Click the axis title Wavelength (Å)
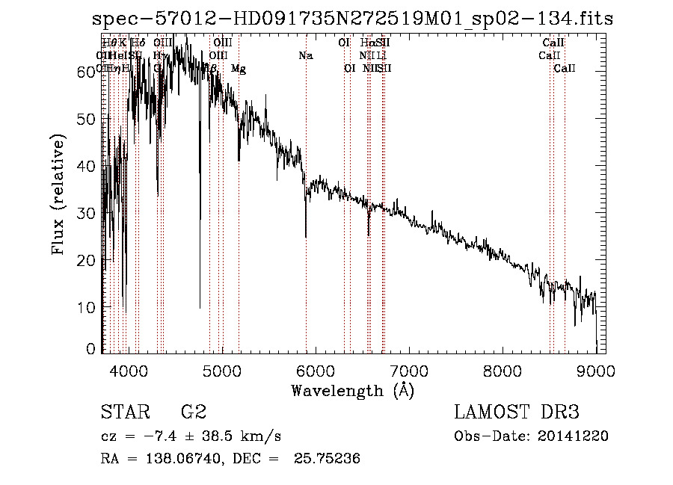pyautogui.click(x=352, y=390)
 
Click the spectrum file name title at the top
pyautogui.click(x=352, y=19)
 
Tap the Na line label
pyautogui.click(x=305, y=56)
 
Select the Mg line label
pyautogui.click(x=239, y=69)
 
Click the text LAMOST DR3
pyautogui.click(x=517, y=412)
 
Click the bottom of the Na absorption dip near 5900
pyautogui.click(x=306, y=237)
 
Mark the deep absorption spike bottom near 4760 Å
pyautogui.click(x=200, y=307)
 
